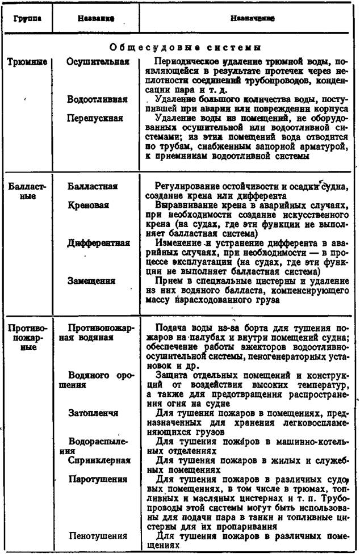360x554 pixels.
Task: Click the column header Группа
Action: [x=26, y=18]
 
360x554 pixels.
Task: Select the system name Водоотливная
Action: [x=97, y=99]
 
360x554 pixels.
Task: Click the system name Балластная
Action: [x=92, y=186]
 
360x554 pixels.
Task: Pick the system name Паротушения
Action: [x=98, y=479]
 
